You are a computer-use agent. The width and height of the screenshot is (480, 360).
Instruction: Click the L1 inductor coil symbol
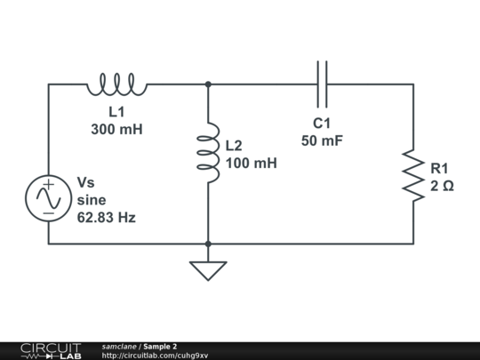[x=116, y=84]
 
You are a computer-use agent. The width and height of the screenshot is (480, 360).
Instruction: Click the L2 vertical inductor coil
[x=208, y=154]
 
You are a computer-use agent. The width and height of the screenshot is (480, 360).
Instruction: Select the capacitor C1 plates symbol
[x=322, y=78]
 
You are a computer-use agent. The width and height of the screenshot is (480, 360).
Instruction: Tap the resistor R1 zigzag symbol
[x=413, y=174]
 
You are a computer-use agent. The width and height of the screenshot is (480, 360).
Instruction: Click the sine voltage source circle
[x=47, y=197]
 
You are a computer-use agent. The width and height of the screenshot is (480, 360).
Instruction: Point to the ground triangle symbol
[x=208, y=269]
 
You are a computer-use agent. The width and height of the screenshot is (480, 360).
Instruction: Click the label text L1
[x=116, y=112]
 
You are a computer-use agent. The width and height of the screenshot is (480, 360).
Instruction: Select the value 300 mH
[x=116, y=129]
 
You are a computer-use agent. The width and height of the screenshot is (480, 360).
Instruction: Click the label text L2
[x=234, y=146]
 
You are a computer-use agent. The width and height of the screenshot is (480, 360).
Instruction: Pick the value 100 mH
[x=252, y=164]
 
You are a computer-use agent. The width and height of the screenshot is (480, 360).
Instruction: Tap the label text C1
[x=322, y=124]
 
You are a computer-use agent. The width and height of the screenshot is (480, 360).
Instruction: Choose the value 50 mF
[x=322, y=141]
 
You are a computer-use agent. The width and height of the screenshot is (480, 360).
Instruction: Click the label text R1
[x=440, y=168]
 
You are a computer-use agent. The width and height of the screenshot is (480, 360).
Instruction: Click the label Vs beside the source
[x=86, y=182]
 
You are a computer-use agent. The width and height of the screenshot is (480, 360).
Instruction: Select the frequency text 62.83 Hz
[x=107, y=217]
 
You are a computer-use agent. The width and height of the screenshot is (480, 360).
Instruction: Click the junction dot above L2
[x=208, y=84]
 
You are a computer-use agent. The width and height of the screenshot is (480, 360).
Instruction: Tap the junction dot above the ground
[x=208, y=244]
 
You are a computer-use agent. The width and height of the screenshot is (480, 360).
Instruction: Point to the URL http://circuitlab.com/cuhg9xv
[x=155, y=356]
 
